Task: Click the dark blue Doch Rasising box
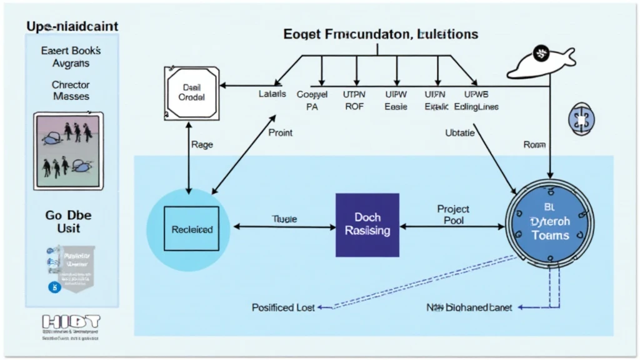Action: click(367, 225)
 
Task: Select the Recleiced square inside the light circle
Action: click(191, 229)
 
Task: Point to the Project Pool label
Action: click(453, 214)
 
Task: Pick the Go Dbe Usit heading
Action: click(69, 222)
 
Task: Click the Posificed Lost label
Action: click(283, 307)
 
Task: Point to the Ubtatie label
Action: click(461, 132)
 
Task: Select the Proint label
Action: click(280, 132)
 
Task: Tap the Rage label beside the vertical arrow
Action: click(201, 144)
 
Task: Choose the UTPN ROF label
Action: click(354, 100)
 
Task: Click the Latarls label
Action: click(272, 94)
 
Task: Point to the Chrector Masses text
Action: click(71, 91)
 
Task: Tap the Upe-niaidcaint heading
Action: click(72, 27)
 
